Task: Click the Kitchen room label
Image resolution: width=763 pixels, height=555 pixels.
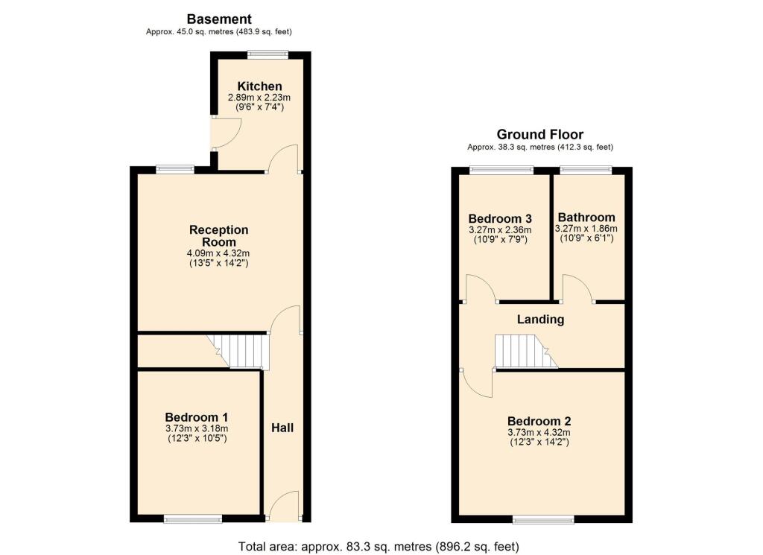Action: coord(259,86)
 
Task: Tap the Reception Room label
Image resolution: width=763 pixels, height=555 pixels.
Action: coord(218,235)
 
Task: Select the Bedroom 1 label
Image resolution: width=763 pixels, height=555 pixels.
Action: coord(197,417)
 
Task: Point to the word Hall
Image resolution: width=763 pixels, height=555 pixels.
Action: coord(282,428)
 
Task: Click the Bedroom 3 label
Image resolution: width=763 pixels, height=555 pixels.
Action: coord(500,218)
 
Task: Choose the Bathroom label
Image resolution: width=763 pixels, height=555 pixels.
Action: coord(586,218)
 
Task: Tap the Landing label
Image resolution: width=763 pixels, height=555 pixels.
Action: coord(541,320)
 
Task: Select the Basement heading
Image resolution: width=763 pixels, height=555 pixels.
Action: coord(219,19)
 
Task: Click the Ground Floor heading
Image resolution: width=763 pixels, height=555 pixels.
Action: coord(540,135)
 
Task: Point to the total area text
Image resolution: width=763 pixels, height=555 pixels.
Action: coord(379,546)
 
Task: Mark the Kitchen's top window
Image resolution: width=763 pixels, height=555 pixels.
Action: coord(267,53)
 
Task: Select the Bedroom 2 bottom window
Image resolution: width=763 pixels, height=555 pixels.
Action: coord(542,519)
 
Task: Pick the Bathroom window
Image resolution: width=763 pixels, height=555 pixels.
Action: coord(586,170)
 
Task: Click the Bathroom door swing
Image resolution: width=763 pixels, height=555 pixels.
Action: coord(577,288)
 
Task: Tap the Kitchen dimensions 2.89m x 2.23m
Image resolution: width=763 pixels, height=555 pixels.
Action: coord(256,98)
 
